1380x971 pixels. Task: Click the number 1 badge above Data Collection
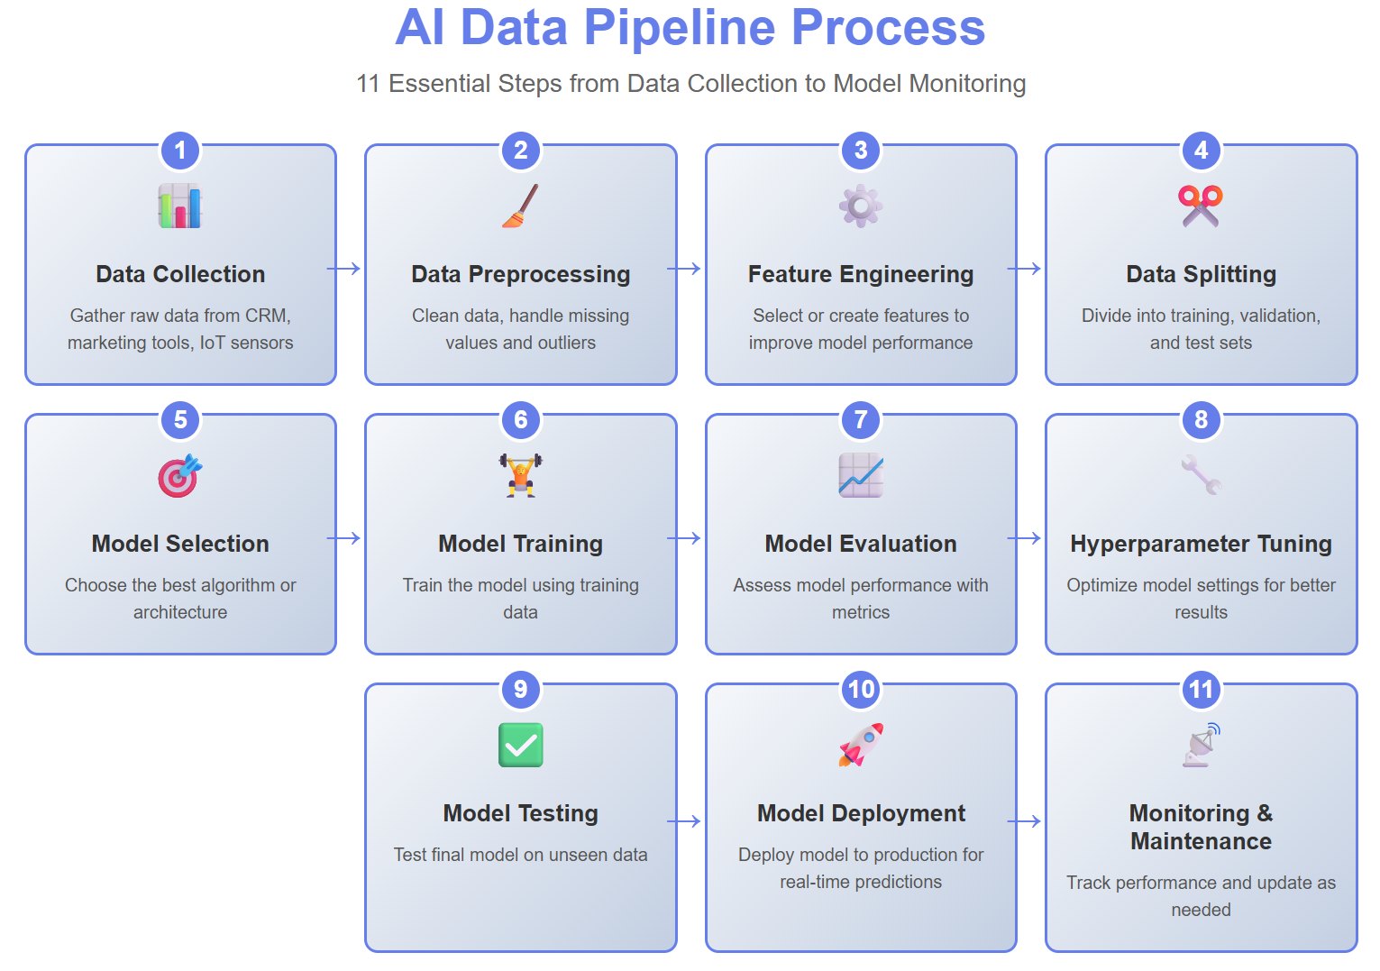click(x=180, y=151)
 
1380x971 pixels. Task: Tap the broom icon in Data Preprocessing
click(x=520, y=206)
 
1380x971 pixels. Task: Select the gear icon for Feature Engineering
click(x=861, y=206)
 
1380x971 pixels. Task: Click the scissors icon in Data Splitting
click(x=1201, y=206)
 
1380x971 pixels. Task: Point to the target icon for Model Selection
click(x=179, y=476)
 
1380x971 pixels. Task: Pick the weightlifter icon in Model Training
click(x=520, y=475)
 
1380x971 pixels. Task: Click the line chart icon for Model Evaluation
click(x=861, y=475)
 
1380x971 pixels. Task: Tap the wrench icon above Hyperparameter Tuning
click(x=1201, y=475)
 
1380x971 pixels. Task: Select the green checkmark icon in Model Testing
click(x=520, y=745)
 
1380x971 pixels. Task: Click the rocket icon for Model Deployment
click(x=861, y=745)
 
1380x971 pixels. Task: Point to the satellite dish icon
click(x=1201, y=745)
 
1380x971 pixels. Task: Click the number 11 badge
click(x=1201, y=690)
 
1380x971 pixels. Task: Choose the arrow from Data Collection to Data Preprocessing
click(x=343, y=269)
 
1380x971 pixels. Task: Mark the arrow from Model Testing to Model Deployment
click(x=684, y=821)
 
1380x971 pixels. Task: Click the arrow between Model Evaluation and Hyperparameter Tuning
click(x=1024, y=538)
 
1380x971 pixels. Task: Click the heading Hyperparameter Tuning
click(x=1201, y=544)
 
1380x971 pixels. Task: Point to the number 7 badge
click(x=861, y=420)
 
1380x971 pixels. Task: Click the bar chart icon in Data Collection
click(x=180, y=206)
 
